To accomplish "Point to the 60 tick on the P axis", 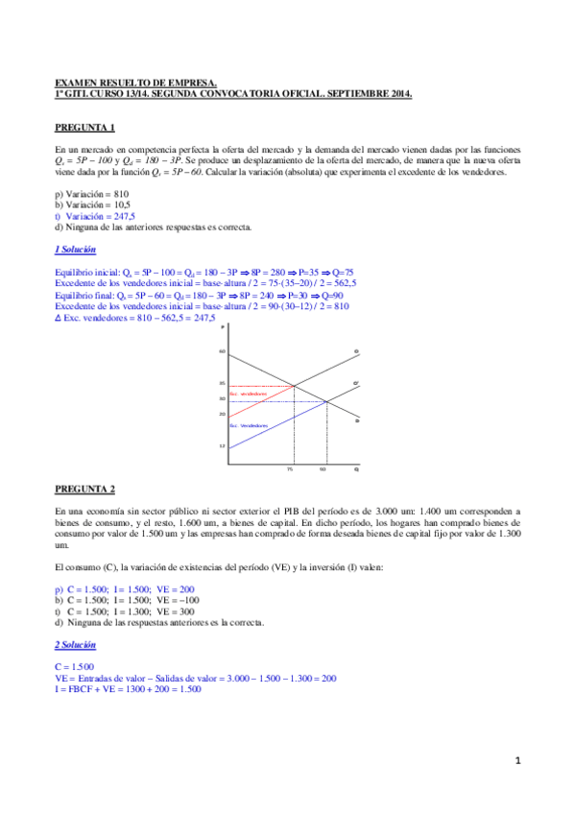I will tap(221, 352).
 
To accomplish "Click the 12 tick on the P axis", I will tap(221, 447).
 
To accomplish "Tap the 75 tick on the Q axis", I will tap(290, 469).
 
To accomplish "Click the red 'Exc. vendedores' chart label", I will tap(247, 394).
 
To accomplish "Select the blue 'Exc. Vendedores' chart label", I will tap(248, 424).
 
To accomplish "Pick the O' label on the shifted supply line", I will tap(356, 384).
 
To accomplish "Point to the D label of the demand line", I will tap(356, 420).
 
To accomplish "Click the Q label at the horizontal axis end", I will tap(356, 469).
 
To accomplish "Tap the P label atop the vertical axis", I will tap(222, 328).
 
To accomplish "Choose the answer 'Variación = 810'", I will tap(96, 194).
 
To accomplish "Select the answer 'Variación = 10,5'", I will tap(96, 205).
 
